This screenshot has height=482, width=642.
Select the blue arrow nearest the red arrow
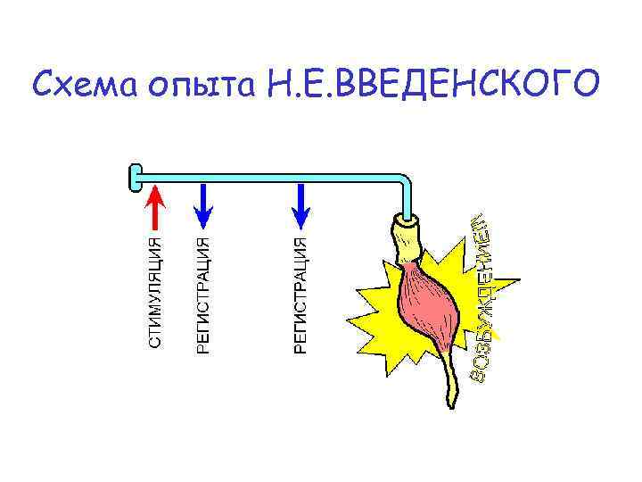coord(203,204)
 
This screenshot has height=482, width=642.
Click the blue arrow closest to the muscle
coord(300,204)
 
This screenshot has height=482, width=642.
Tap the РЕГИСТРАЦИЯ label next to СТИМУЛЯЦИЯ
coord(203,295)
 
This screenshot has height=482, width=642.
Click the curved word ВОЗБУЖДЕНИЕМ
coord(484,299)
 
